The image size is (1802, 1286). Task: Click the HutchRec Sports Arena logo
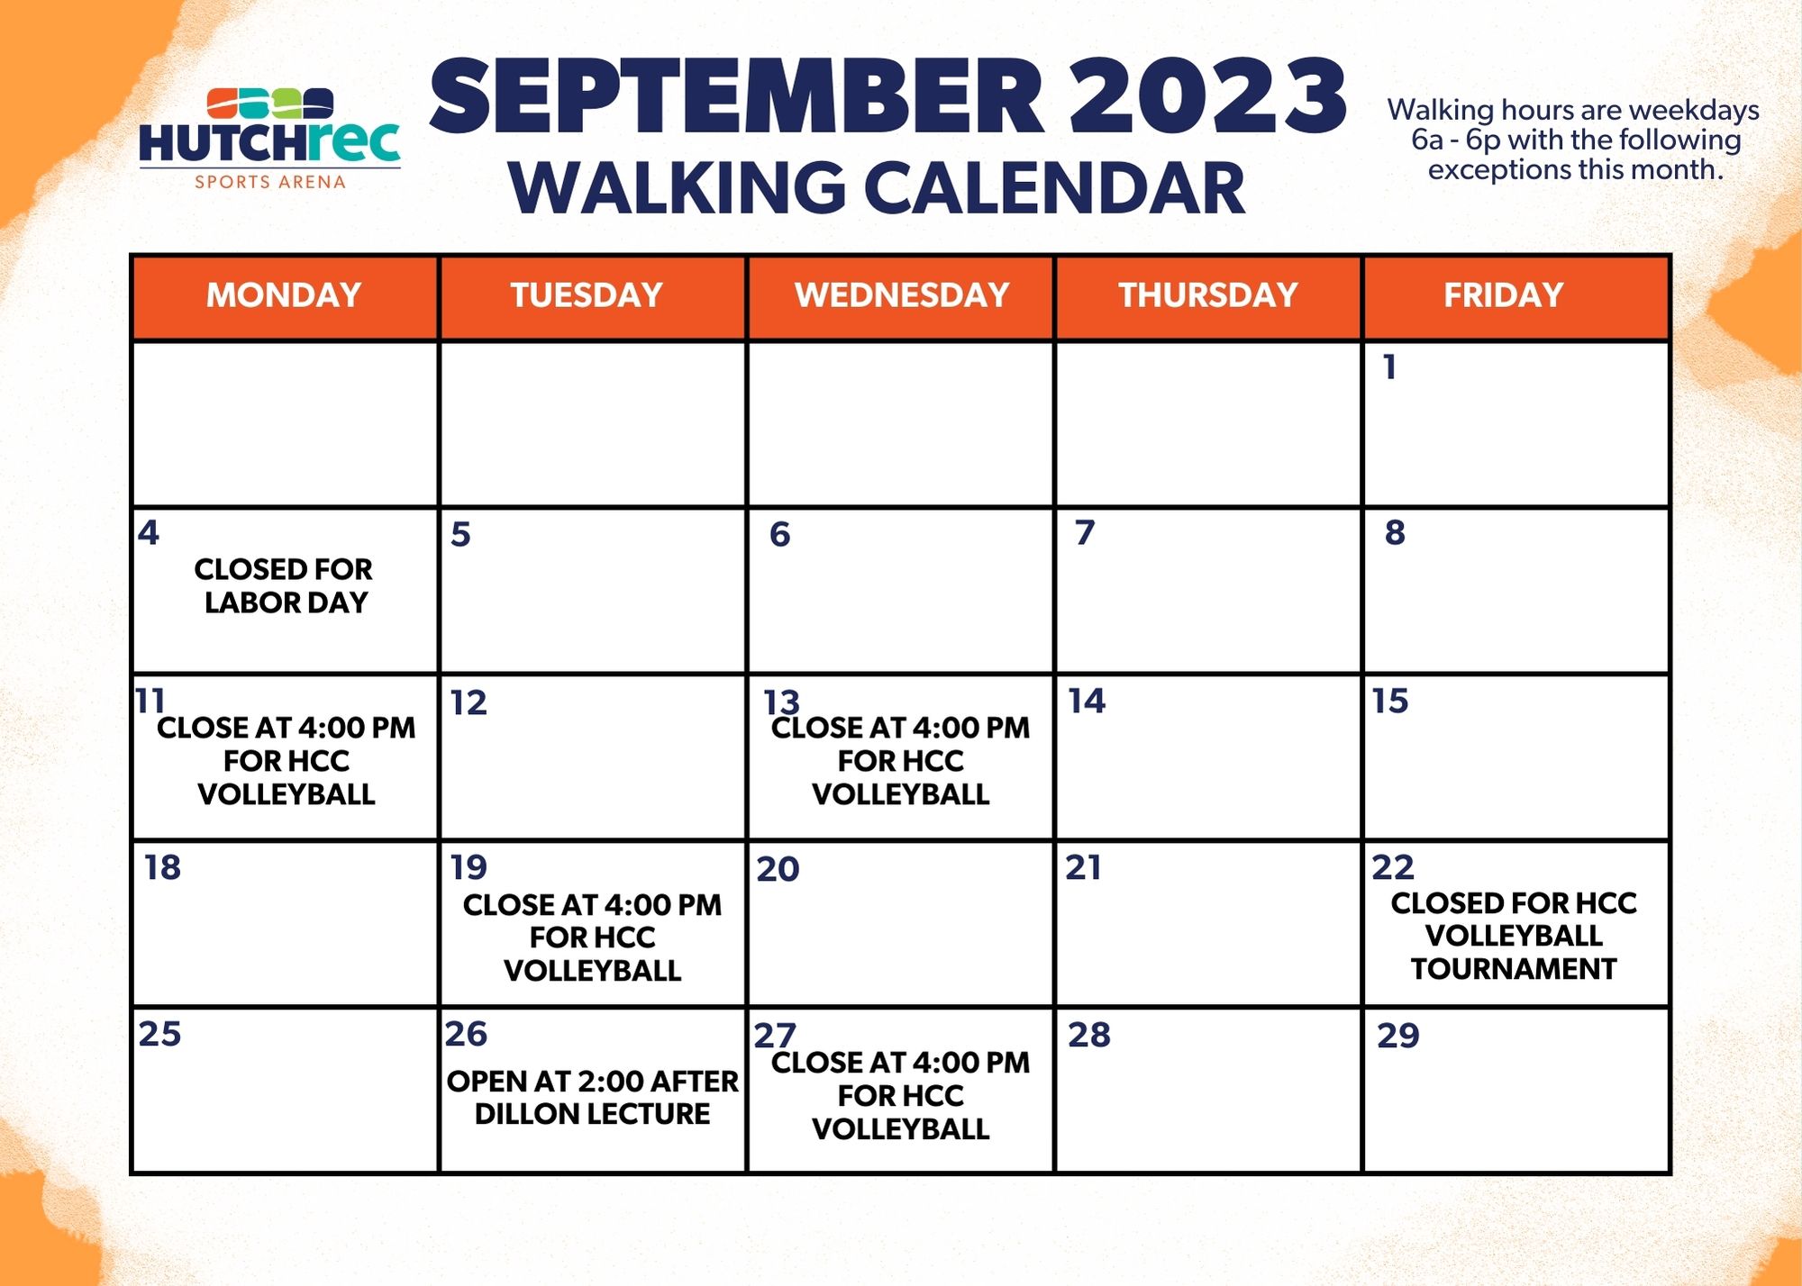click(269, 139)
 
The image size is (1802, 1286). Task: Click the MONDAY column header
click(284, 295)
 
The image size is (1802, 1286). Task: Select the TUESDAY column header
click(587, 295)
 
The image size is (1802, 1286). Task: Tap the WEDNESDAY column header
click(901, 295)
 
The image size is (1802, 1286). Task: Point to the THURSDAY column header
click(1208, 295)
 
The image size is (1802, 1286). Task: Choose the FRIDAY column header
click(1503, 295)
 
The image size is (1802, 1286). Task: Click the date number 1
click(1390, 367)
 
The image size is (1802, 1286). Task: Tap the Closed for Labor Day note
click(284, 585)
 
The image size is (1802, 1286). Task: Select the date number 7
click(1085, 532)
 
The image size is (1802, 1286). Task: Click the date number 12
click(469, 702)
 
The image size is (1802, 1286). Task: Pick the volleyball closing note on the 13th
click(901, 761)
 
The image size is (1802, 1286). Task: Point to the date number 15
click(1390, 701)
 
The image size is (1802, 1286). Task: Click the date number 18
click(162, 867)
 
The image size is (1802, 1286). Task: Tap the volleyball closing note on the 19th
click(593, 937)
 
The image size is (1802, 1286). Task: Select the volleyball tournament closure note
click(1514, 936)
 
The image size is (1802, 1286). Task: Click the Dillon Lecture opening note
click(593, 1097)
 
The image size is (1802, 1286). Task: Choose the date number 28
click(1089, 1035)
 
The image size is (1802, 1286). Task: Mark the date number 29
click(1398, 1036)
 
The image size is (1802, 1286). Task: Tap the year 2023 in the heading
click(1207, 95)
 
